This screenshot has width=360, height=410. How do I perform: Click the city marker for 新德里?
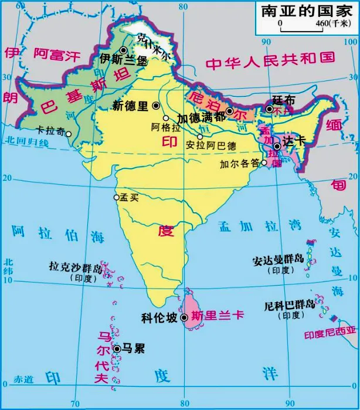(156, 106)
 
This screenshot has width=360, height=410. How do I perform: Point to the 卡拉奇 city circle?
(69, 133)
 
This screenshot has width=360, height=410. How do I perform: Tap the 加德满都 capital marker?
(230, 111)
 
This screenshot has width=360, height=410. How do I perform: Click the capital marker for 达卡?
(276, 146)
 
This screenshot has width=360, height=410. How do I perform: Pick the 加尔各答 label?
(240, 164)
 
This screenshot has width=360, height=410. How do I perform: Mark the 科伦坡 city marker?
(184, 317)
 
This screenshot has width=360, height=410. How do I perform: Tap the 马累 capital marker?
(117, 348)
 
